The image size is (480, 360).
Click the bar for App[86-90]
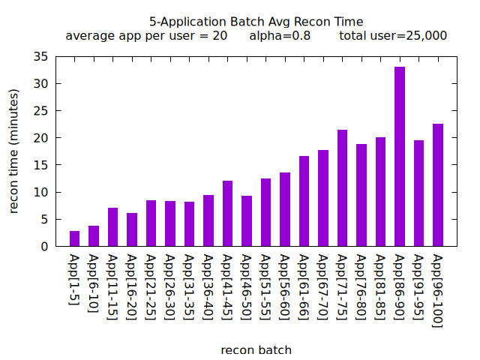(x=400, y=157)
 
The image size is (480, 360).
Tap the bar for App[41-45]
(x=227, y=214)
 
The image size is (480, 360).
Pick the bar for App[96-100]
(x=438, y=185)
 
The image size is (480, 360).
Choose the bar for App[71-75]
(x=342, y=188)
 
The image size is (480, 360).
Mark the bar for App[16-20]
(x=132, y=229)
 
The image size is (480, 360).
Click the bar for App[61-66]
(x=304, y=201)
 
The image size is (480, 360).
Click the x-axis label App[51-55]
(x=265, y=288)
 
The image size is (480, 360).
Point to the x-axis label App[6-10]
(x=94, y=284)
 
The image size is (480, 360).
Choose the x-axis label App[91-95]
(x=418, y=288)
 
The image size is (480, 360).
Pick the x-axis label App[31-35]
(x=189, y=288)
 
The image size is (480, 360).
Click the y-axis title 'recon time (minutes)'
(x=14, y=151)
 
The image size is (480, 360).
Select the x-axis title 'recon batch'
(x=256, y=349)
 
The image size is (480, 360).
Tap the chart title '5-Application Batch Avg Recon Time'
(x=256, y=22)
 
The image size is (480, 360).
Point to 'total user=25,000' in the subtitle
(x=393, y=35)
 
